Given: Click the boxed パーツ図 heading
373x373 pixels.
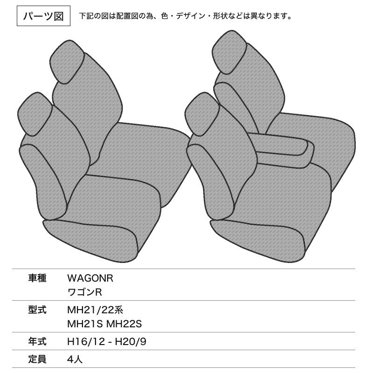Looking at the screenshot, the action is pos(43,16).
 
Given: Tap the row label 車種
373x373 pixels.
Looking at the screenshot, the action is pos(37,278).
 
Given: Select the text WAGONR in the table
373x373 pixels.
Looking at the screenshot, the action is pos(90,278).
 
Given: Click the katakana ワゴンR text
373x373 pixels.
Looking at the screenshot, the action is pos(85,292).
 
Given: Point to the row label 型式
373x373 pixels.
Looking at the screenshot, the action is pos(37,310).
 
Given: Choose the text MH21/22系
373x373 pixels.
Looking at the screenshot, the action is pos(95,310).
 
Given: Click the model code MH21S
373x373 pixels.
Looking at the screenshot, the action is pos(85,324).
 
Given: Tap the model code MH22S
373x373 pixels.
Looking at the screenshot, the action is pos(124,324).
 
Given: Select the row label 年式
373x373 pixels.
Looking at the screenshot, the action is pos(37,342).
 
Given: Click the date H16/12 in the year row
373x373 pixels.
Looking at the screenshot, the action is pos(86,342).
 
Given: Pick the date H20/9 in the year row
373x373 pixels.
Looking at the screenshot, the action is pos(131,342).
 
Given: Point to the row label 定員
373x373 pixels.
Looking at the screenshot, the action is pos(37,359).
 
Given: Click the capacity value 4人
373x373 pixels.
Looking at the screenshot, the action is pos(75,359).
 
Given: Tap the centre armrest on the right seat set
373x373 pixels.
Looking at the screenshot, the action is pos(283,150).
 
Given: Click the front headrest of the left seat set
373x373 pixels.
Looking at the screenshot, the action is pos(35,114).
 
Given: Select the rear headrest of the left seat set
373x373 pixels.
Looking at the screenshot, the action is pos(67,62).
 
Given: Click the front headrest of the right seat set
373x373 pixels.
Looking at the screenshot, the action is pos(202,114).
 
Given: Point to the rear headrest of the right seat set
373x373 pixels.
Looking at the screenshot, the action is pos(229,52).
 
